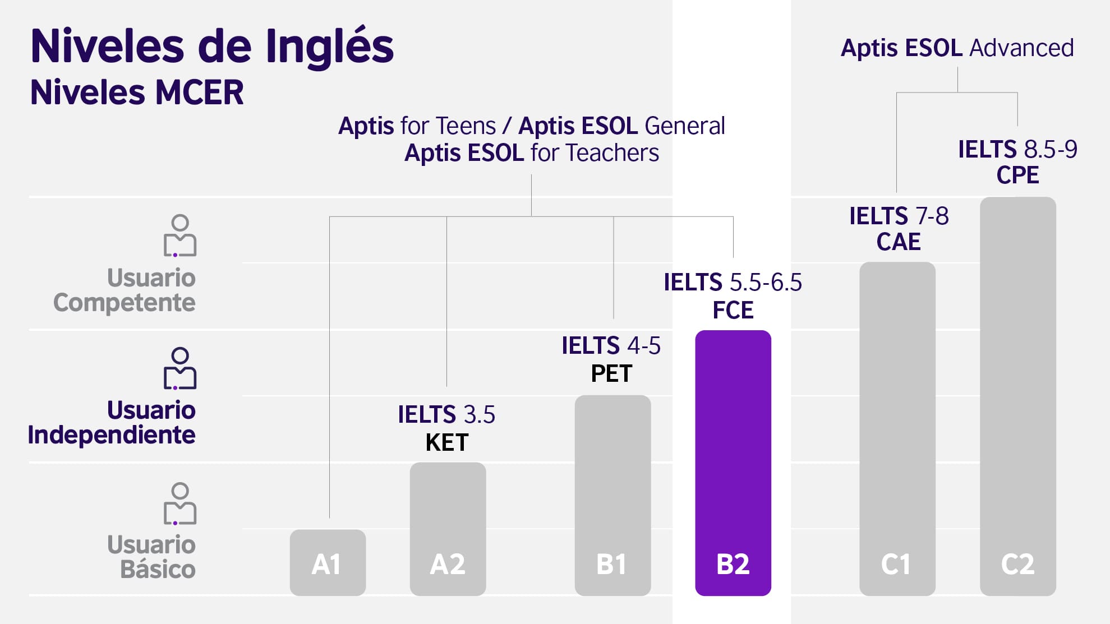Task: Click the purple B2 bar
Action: (733, 463)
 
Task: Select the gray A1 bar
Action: (328, 562)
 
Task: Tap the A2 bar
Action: (448, 529)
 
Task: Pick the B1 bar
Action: (612, 495)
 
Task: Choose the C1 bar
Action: (897, 428)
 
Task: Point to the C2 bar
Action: (1018, 396)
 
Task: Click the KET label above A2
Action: (447, 442)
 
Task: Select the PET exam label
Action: (611, 373)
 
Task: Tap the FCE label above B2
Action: (733, 310)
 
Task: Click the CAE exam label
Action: (899, 242)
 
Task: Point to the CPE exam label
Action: (1017, 175)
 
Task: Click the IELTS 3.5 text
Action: (446, 415)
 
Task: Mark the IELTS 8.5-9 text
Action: (1017, 149)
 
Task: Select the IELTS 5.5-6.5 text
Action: (733, 282)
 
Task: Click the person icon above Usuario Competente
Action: (180, 235)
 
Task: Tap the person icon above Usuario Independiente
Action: (180, 368)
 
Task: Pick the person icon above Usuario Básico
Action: (180, 503)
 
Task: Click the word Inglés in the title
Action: (330, 47)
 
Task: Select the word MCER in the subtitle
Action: (199, 93)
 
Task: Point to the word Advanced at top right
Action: (1022, 48)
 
